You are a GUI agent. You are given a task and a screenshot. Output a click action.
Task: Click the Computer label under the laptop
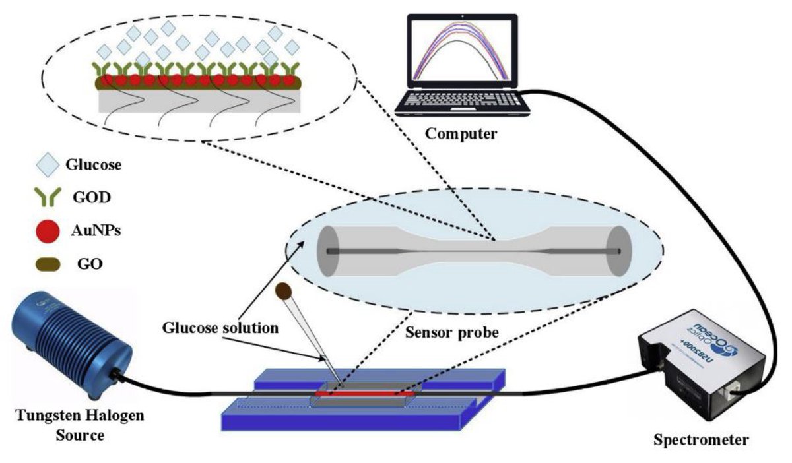pyautogui.click(x=460, y=134)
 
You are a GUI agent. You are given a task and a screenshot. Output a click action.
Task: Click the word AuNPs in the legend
pyautogui.click(x=97, y=231)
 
